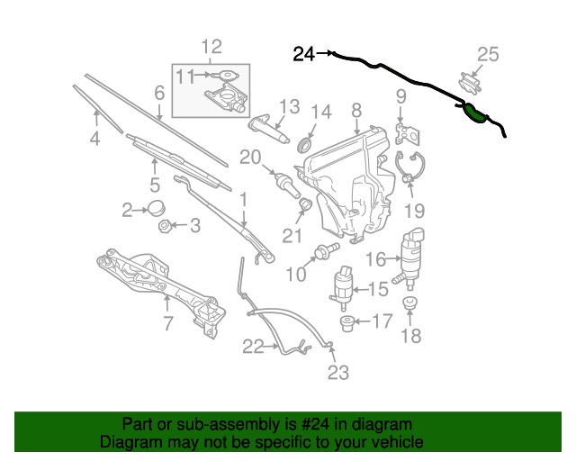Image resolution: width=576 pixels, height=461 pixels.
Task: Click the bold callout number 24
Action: click(304, 54)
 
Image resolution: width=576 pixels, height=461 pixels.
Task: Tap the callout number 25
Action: click(488, 54)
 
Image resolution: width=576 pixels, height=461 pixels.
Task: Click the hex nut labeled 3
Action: click(164, 225)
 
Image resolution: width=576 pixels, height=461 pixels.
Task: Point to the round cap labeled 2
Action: click(156, 208)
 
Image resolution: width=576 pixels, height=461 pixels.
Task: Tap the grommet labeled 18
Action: click(409, 303)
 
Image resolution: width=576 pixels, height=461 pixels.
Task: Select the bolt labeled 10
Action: click(327, 250)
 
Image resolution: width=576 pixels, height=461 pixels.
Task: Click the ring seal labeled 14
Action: click(304, 144)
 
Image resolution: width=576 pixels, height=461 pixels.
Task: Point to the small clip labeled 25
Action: click(469, 83)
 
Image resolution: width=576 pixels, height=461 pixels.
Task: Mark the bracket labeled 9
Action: click(408, 134)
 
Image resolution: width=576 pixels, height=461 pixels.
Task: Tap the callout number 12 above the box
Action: click(211, 47)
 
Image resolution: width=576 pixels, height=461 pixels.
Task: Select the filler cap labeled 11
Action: click(225, 76)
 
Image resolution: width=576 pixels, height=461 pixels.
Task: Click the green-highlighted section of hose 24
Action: click(474, 113)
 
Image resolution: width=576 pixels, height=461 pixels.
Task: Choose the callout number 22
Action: click(253, 347)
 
